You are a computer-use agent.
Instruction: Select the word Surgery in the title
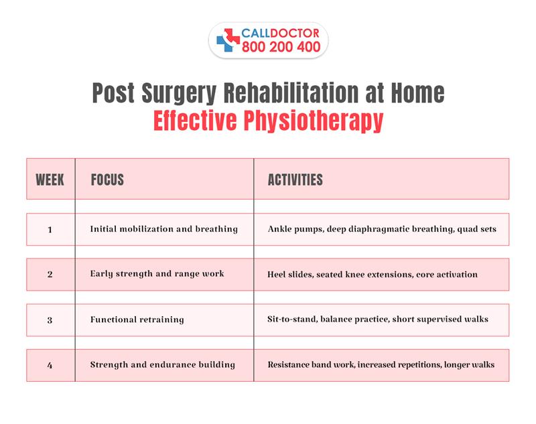click(189, 93)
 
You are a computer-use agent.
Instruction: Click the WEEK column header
click(50, 180)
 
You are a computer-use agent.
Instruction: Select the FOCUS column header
click(107, 180)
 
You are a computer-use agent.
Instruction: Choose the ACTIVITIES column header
click(295, 180)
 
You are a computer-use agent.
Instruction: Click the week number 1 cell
click(50, 229)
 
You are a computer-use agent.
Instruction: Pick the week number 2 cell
click(50, 275)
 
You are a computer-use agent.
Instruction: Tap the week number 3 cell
click(50, 320)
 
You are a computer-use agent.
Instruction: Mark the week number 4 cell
click(50, 365)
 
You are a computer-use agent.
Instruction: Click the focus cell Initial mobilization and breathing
click(163, 229)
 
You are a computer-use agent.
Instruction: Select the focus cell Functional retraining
click(137, 320)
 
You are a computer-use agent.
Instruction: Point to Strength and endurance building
click(162, 365)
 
